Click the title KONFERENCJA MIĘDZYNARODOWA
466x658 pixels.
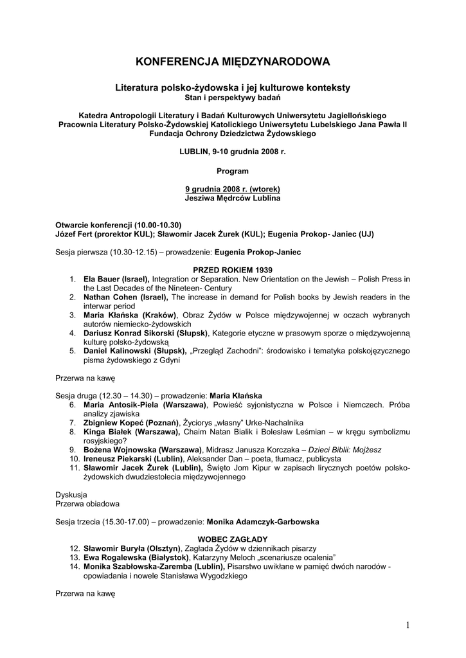point(233,62)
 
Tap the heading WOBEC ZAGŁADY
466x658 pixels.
point(233,538)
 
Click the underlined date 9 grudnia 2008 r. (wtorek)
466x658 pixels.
point(233,190)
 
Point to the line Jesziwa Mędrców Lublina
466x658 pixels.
point(233,199)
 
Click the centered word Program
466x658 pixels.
point(233,171)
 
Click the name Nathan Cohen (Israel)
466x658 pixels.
point(126,297)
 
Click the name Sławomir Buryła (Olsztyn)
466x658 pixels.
point(132,548)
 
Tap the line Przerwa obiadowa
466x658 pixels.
point(87,504)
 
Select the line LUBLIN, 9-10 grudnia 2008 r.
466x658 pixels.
point(233,152)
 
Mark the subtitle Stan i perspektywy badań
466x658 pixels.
point(233,97)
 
